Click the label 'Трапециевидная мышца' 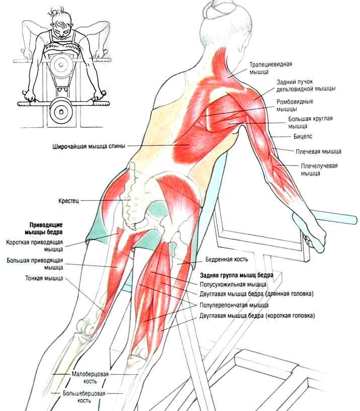(271, 68)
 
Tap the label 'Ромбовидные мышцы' (295, 105)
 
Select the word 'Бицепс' (303, 136)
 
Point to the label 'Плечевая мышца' (318, 151)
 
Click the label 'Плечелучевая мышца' (319, 170)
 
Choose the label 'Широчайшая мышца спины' (89, 146)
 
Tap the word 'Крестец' (68, 201)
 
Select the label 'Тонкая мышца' (44, 278)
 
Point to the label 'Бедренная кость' (226, 259)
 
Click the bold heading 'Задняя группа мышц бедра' (237, 275)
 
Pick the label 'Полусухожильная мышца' (233, 284)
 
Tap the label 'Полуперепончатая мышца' (234, 305)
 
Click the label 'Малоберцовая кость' (90, 377)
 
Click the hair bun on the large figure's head (214, 8)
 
